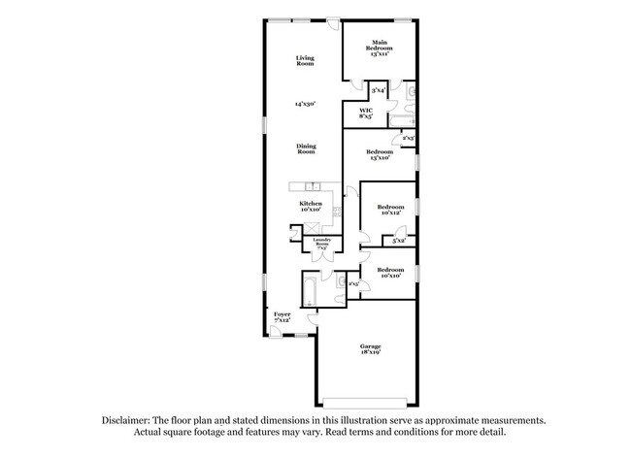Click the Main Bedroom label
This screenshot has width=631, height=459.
tap(380, 49)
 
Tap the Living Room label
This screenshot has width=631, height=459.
tap(305, 61)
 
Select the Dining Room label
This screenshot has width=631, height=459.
tap(306, 149)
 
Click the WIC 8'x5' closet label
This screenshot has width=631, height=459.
tap(366, 114)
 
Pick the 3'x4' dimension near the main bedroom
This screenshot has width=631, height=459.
tap(379, 90)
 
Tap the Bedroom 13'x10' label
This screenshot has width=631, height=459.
tap(380, 155)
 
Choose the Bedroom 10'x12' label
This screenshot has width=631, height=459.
tap(390, 210)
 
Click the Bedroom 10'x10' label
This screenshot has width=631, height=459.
tap(390, 273)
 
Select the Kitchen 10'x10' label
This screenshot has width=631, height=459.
tap(311, 207)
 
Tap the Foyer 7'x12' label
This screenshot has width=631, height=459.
tap(282, 317)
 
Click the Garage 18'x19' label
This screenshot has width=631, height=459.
tap(370, 350)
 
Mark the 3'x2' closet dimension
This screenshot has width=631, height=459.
tap(398, 240)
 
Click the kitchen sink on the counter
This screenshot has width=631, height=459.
tap(314, 186)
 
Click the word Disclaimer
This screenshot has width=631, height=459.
tap(130, 421)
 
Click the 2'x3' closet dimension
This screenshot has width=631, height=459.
tap(409, 139)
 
